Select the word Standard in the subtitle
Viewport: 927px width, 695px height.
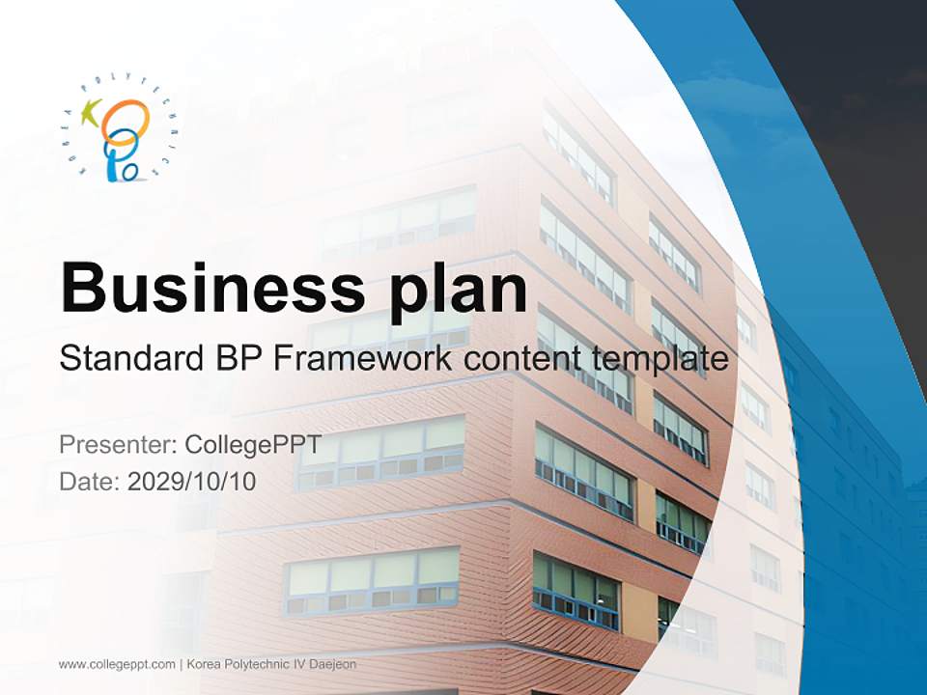[x=126, y=359]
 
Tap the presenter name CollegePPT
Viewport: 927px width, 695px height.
[x=253, y=445]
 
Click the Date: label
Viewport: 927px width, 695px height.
[x=89, y=481]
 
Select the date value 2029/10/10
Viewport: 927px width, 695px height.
[x=192, y=481]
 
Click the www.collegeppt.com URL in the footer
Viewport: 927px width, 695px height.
[x=116, y=664]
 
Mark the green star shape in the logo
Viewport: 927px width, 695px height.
[x=92, y=114]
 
